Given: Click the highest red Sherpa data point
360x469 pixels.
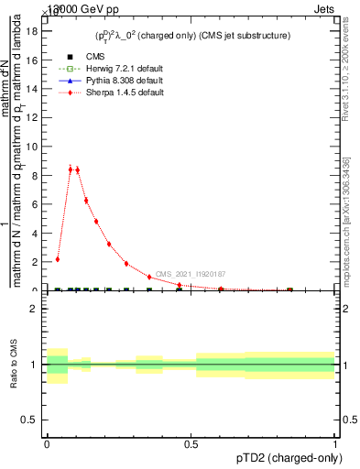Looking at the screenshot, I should click(71, 168).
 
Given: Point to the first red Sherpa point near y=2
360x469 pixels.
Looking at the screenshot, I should click(57, 259).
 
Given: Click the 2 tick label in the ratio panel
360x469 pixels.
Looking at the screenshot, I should click(34, 309).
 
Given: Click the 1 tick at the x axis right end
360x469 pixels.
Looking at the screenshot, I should click(335, 442).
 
